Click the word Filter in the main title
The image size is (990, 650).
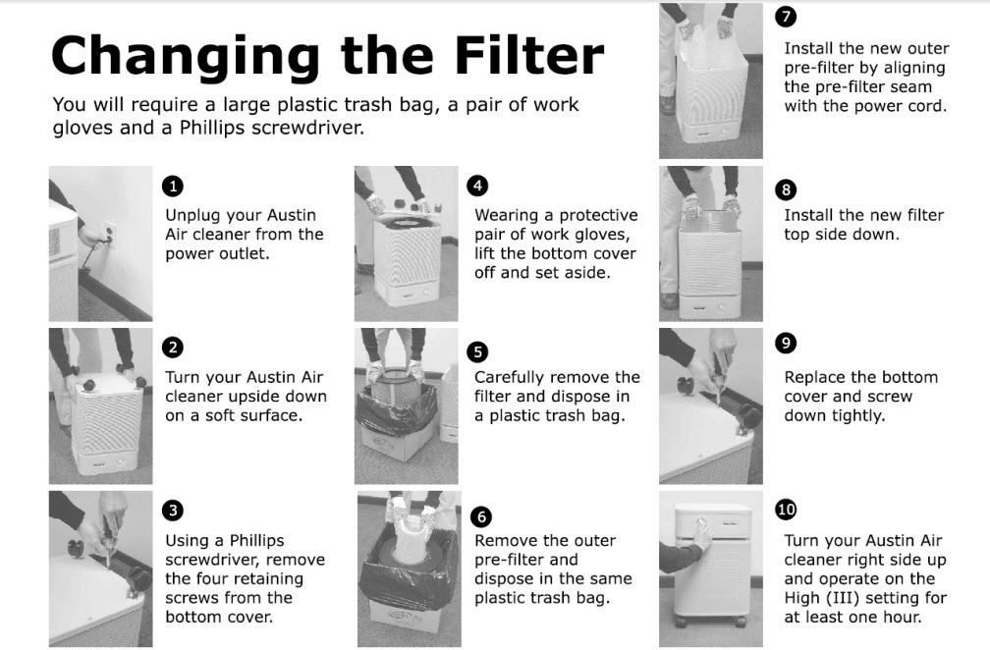529,56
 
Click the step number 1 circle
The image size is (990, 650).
173,187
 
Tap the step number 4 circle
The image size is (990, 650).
478,186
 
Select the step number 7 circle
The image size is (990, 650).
786,17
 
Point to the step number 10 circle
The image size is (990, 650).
786,510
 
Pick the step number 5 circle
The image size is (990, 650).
478,352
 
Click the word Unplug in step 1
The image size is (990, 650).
192,216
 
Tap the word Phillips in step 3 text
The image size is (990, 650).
256,541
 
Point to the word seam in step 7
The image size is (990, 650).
912,87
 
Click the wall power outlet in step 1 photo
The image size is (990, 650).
109,233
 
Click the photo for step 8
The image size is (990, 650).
711,244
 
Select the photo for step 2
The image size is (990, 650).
101,406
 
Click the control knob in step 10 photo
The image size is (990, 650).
701,523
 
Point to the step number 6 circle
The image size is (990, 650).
481,516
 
